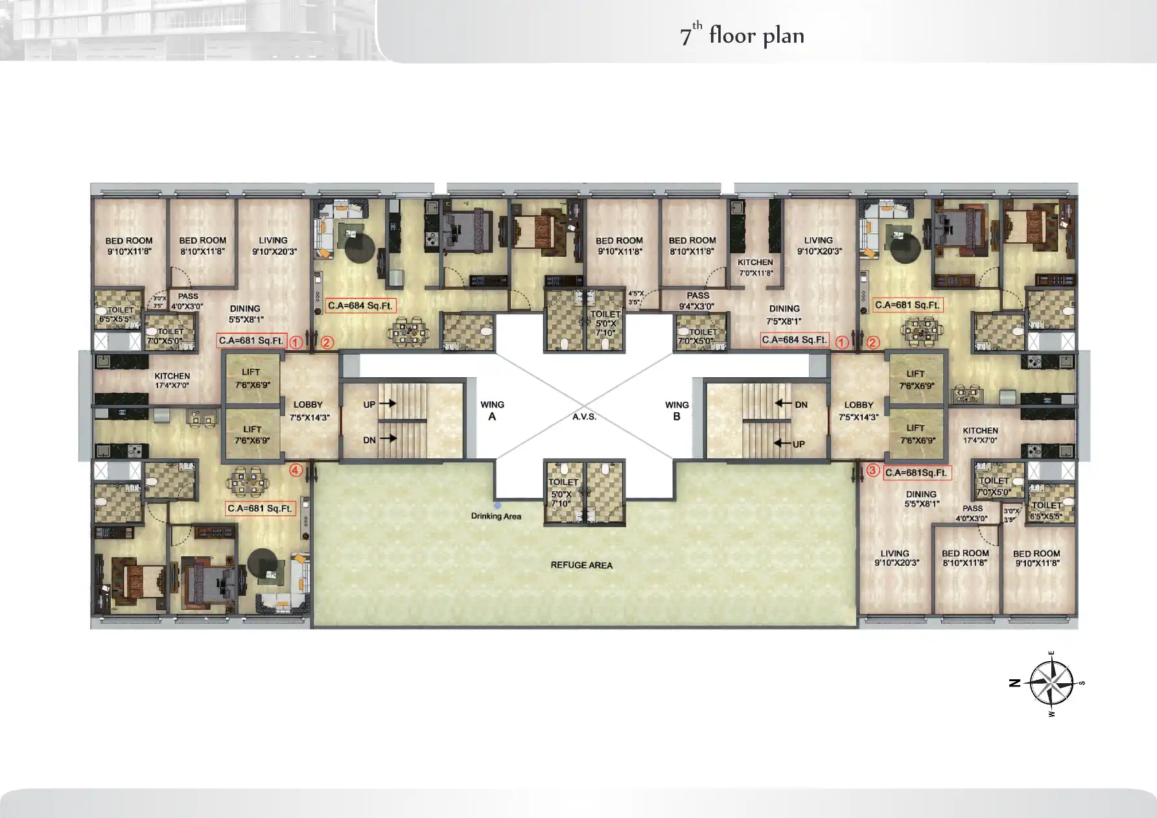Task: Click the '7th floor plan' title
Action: coord(742,35)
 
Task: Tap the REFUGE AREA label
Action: coord(581,565)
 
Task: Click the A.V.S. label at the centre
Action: coord(584,417)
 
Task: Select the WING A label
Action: coord(492,410)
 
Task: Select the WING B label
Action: coord(677,410)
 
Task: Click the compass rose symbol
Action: coord(1051,683)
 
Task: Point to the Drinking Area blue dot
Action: coord(497,505)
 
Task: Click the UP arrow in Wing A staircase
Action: coord(388,403)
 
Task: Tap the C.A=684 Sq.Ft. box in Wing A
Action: coord(360,305)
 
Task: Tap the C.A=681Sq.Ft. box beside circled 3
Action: coord(917,473)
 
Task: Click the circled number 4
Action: coord(296,471)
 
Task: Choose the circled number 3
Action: coord(872,471)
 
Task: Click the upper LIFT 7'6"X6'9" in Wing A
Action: coord(251,378)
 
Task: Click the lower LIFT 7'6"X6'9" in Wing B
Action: coord(916,434)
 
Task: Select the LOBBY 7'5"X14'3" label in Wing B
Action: coord(858,410)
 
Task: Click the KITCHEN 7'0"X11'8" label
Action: coord(755,267)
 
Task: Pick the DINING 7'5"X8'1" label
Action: coord(784,314)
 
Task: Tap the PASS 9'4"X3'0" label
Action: coord(697,301)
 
